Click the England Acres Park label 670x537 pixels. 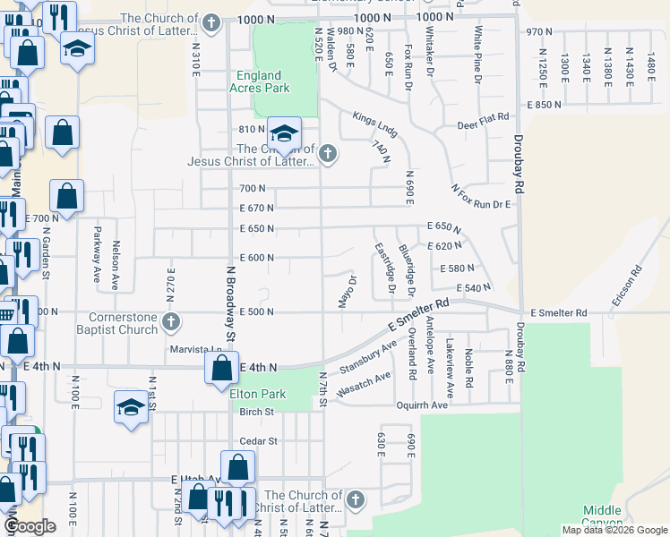[259, 82]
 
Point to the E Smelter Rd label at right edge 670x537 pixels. [558, 313]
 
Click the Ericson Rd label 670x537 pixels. [624, 286]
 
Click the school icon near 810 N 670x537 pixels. [284, 134]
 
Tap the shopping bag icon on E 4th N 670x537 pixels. [221, 368]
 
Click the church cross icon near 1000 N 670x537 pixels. [211, 23]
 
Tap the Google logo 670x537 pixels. [29, 526]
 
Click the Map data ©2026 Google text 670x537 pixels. [614, 530]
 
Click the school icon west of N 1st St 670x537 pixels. [131, 407]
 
